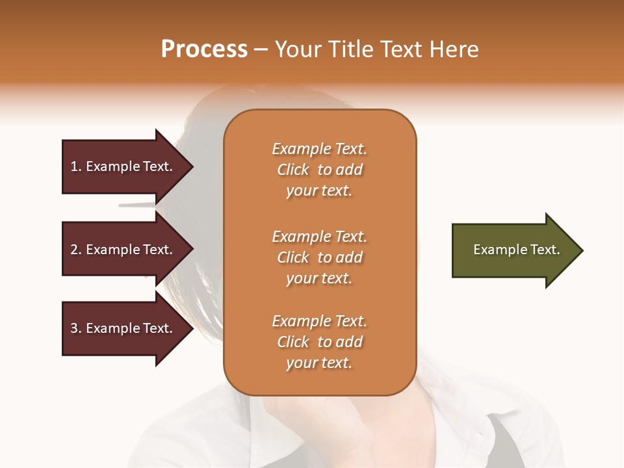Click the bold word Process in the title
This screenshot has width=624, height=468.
click(x=204, y=49)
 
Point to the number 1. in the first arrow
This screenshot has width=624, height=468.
click(x=76, y=167)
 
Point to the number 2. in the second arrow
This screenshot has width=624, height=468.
click(x=76, y=250)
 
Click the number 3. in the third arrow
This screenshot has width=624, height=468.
click(x=76, y=328)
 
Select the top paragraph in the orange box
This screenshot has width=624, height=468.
click(x=319, y=170)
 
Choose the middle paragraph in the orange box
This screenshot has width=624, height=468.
click(x=319, y=257)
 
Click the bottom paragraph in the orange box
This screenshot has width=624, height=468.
click(x=319, y=342)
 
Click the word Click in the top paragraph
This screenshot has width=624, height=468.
click(x=293, y=170)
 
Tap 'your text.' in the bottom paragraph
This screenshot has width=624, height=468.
click(x=319, y=363)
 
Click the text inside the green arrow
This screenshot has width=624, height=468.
click(x=516, y=250)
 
